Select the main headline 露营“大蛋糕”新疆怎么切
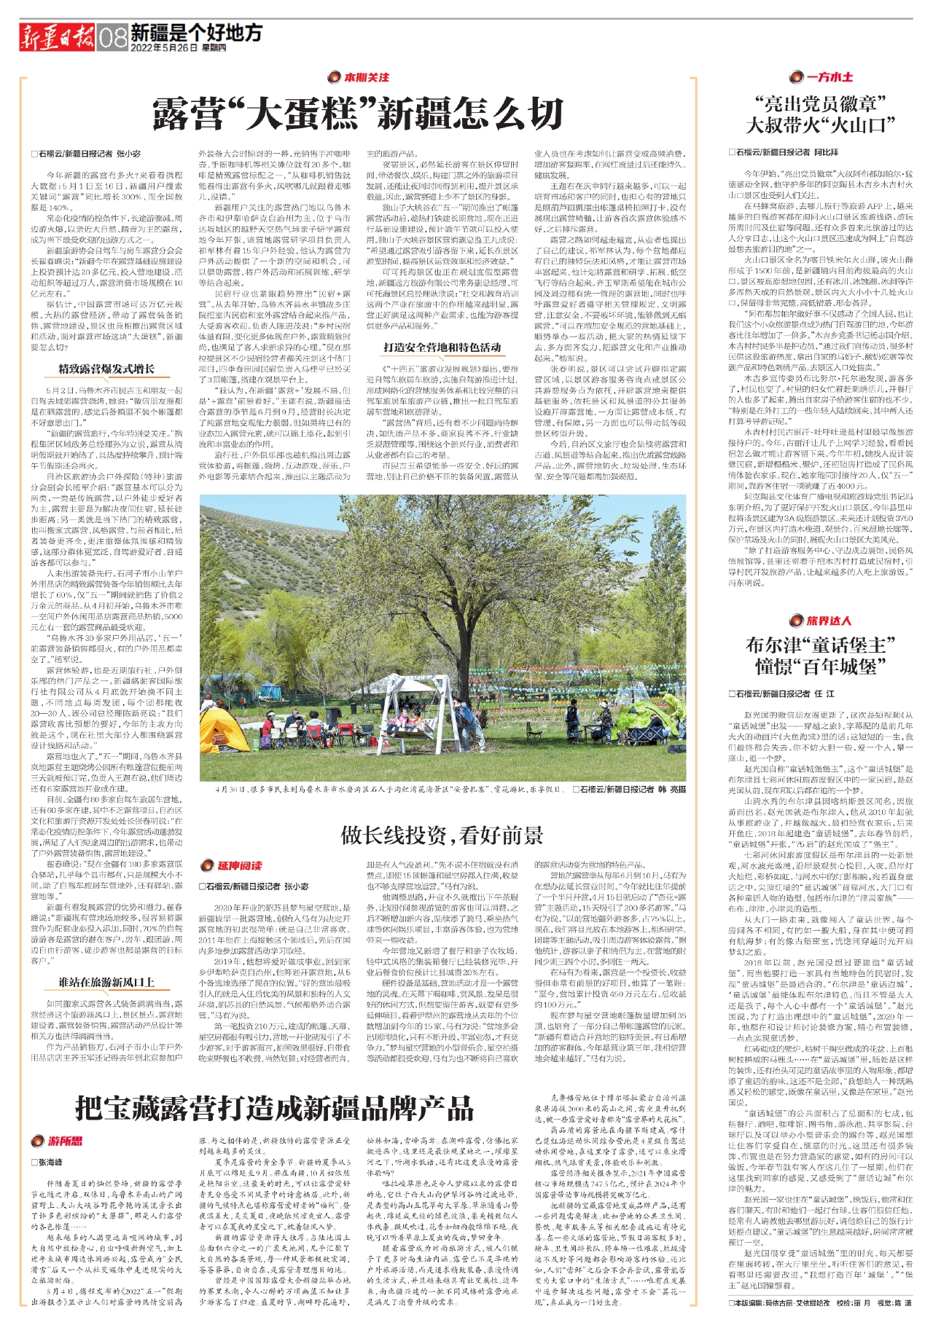(358, 114)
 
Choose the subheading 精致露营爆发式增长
(106, 369)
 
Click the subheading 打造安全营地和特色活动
(442, 347)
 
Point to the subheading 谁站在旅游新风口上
(106, 983)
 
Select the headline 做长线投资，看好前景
(442, 835)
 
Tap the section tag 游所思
(57, 1141)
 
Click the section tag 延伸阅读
(233, 865)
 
